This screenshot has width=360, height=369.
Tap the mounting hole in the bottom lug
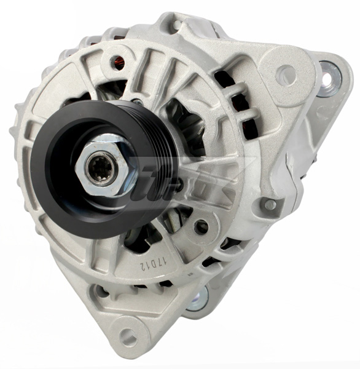pyautogui.click(x=128, y=337)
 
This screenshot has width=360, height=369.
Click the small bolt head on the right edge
pyautogui.click(x=269, y=204)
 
